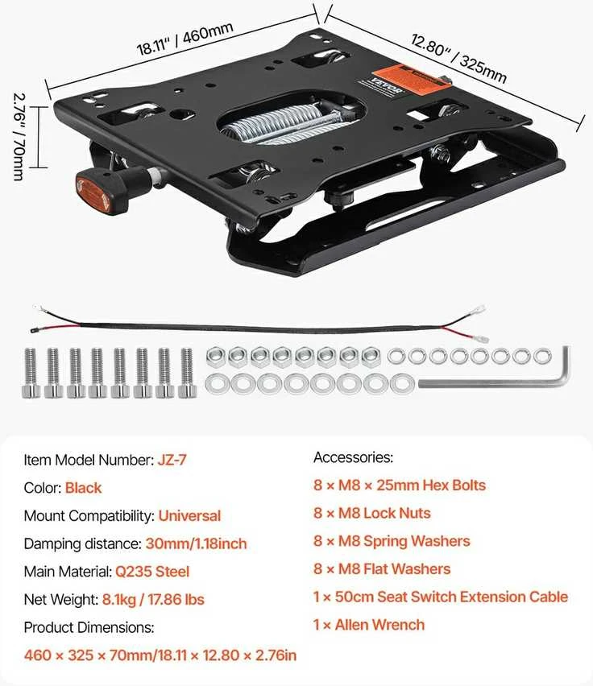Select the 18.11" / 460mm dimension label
pos(185,39)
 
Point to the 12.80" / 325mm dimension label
pos(458,58)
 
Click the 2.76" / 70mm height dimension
pos(19,137)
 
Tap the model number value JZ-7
pos(172,460)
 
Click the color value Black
pos(83,488)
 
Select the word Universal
pos(189,516)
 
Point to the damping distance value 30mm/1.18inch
pos(196,543)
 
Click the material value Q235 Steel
pos(152,572)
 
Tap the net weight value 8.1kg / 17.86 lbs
pos(153,599)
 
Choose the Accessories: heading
pos(353,457)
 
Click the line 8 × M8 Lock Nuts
pos(372,513)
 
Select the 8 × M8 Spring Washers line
pos(392,541)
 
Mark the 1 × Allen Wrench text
pos(369,625)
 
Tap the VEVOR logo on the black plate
pos(386,85)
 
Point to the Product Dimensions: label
pos(89,627)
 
